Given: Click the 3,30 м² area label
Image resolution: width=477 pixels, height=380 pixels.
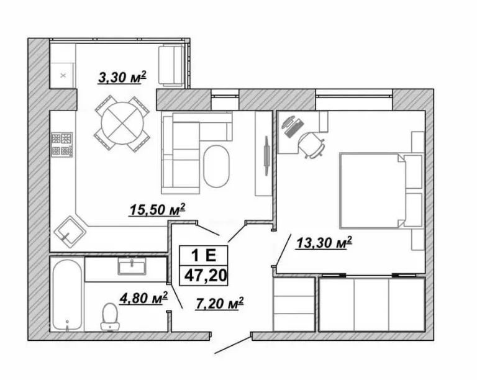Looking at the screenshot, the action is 122,77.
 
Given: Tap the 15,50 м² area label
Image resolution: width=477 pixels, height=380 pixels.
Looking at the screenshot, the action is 157,209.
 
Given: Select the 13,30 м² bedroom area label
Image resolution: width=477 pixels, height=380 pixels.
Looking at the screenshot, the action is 324,243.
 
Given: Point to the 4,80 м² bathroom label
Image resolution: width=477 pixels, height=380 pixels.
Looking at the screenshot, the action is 143,298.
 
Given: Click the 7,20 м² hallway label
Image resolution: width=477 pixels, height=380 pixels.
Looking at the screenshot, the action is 220,303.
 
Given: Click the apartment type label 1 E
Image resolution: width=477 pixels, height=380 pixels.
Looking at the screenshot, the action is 204,255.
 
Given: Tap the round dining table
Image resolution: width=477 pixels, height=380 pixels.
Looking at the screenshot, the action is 122,123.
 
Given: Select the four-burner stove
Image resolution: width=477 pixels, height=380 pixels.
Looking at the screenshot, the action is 62,145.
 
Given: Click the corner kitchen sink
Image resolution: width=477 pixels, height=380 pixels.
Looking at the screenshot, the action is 70,232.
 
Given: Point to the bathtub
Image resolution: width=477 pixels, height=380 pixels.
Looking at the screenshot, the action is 67,295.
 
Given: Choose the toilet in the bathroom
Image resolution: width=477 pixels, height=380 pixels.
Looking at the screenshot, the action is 110,317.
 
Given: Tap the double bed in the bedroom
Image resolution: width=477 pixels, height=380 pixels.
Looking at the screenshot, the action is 373,191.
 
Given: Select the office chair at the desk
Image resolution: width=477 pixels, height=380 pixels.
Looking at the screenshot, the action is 312,145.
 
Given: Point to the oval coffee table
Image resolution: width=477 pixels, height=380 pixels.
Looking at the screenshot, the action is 216,166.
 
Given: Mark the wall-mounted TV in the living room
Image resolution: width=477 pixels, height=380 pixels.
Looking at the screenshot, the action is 266,155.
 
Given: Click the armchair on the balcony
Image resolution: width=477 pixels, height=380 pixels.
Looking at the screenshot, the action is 171,65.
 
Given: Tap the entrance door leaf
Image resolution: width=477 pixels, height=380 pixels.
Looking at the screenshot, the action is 233,345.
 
